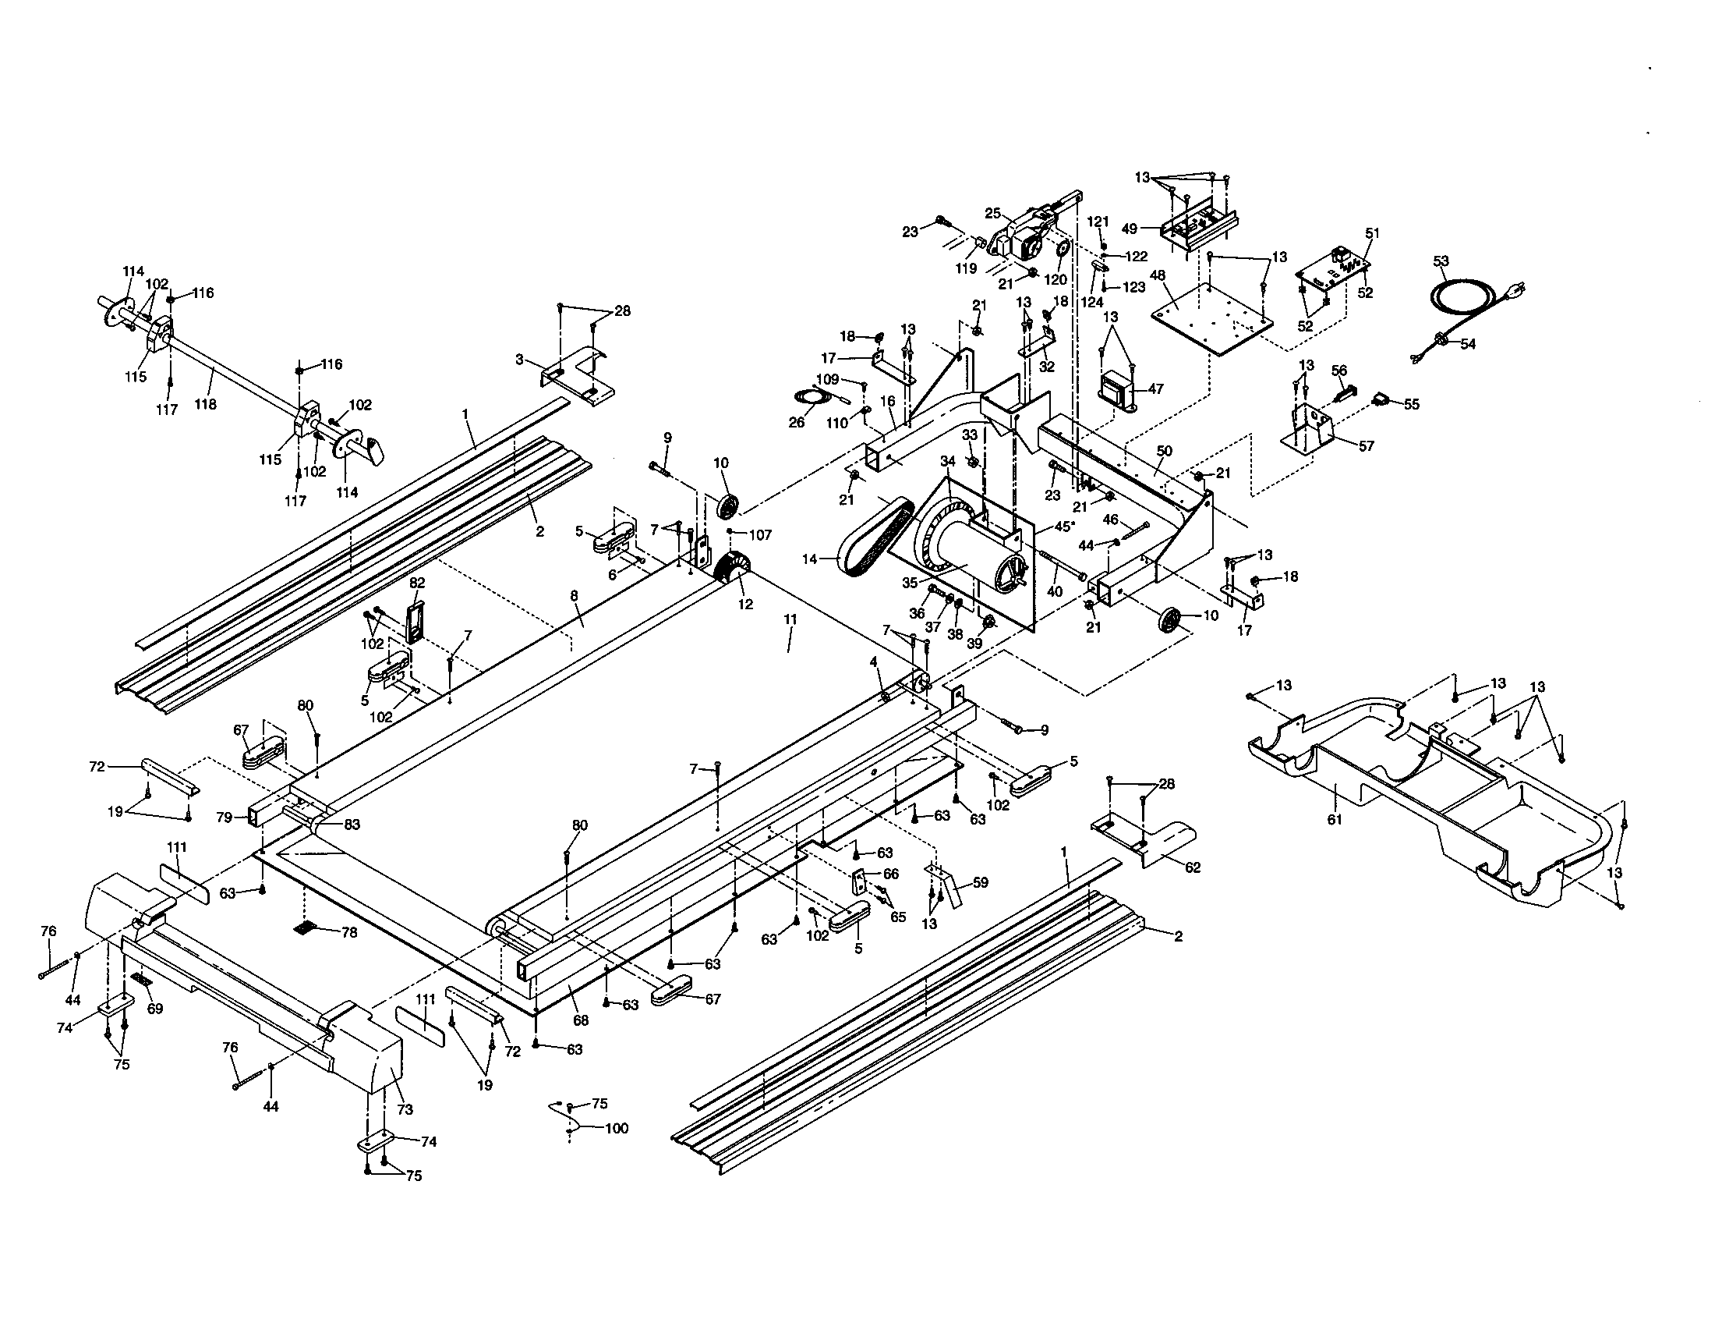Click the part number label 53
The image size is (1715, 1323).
click(1441, 261)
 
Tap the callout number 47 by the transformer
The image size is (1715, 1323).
click(1155, 389)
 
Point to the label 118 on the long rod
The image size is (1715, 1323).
click(206, 404)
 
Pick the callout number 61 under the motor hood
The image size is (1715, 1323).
click(1335, 819)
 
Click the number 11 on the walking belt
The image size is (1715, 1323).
click(790, 620)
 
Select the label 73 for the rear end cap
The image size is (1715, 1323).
click(405, 1109)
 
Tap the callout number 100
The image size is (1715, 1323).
click(617, 1128)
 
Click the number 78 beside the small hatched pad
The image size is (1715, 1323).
click(349, 932)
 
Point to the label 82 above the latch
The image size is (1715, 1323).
click(417, 582)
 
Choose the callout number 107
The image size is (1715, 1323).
click(760, 535)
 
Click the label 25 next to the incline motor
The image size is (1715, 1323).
click(992, 214)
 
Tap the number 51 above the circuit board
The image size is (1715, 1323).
click(1372, 233)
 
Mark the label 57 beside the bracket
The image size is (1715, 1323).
click(1367, 445)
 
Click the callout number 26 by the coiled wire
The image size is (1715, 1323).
click(796, 423)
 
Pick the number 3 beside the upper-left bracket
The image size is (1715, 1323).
click(519, 359)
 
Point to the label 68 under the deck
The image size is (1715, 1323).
click(580, 1021)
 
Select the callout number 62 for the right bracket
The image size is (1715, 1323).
click(1193, 867)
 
